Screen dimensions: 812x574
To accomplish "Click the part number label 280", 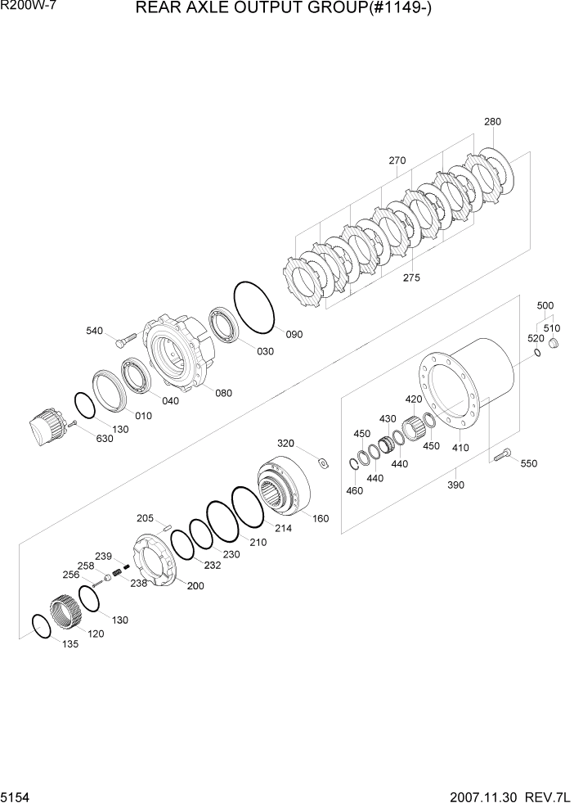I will coord(492,122).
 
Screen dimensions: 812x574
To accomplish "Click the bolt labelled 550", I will coord(502,451).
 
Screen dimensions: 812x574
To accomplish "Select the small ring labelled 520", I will coord(536,353).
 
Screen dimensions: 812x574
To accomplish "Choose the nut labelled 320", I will coord(322,464).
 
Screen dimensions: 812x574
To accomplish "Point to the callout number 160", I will coord(321,517).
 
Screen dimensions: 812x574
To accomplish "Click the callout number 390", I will coord(455,485).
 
